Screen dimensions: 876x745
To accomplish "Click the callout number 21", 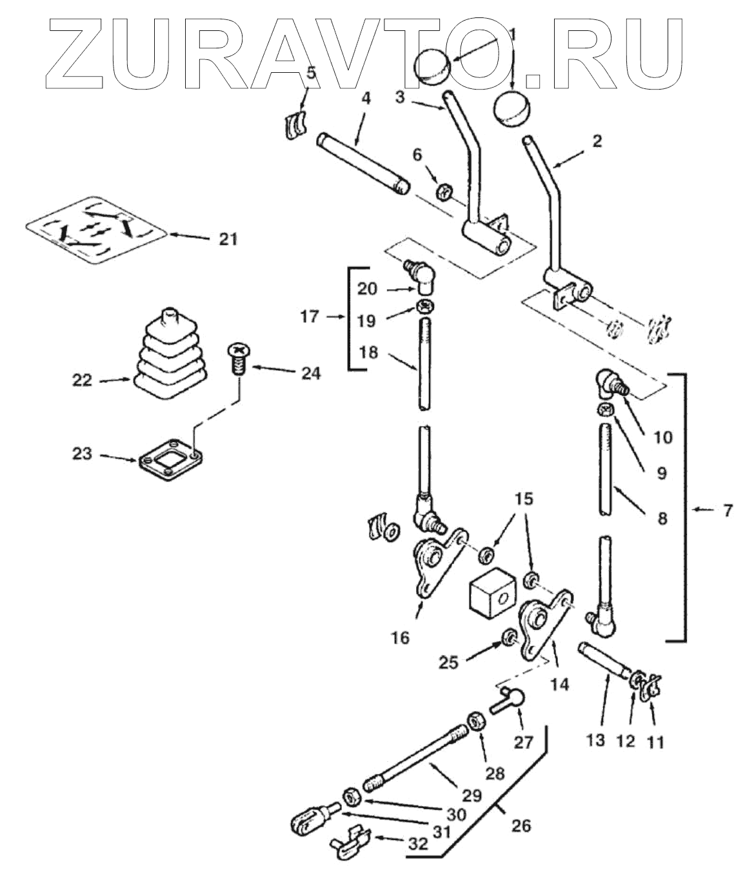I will (228, 239).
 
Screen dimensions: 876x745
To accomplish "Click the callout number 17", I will (310, 316).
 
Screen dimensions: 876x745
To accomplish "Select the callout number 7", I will (727, 511).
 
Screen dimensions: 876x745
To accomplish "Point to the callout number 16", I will (400, 638).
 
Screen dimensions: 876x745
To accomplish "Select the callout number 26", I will (521, 825).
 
